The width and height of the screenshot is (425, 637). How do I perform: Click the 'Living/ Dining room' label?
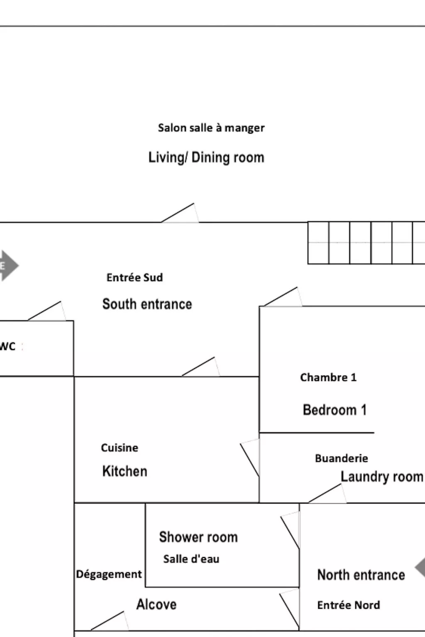(x=206, y=158)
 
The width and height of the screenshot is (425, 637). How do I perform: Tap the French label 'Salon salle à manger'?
(x=211, y=128)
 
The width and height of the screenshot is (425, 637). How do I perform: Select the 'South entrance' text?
(x=147, y=304)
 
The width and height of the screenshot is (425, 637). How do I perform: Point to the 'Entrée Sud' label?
(x=134, y=277)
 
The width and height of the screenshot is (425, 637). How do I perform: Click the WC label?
(x=7, y=346)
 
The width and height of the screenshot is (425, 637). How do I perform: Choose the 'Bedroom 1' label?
(x=335, y=410)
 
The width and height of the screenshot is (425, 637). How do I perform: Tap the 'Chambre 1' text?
(x=328, y=377)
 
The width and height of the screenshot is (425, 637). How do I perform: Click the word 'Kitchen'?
(x=125, y=471)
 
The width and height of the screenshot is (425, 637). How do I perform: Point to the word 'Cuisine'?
(x=120, y=448)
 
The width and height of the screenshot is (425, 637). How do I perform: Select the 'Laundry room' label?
(x=381, y=477)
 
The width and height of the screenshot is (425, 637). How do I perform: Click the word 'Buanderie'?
(x=341, y=458)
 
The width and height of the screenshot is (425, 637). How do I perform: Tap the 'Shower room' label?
(x=198, y=537)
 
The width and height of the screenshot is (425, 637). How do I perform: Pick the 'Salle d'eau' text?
(x=191, y=559)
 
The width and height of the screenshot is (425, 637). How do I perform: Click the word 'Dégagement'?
(x=109, y=574)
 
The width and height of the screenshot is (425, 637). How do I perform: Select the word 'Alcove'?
(x=156, y=605)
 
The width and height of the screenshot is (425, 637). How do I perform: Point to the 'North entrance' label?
(x=361, y=575)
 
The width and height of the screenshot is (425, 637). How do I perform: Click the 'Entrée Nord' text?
(x=348, y=605)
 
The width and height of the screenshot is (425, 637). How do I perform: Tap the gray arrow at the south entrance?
(x=8, y=265)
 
